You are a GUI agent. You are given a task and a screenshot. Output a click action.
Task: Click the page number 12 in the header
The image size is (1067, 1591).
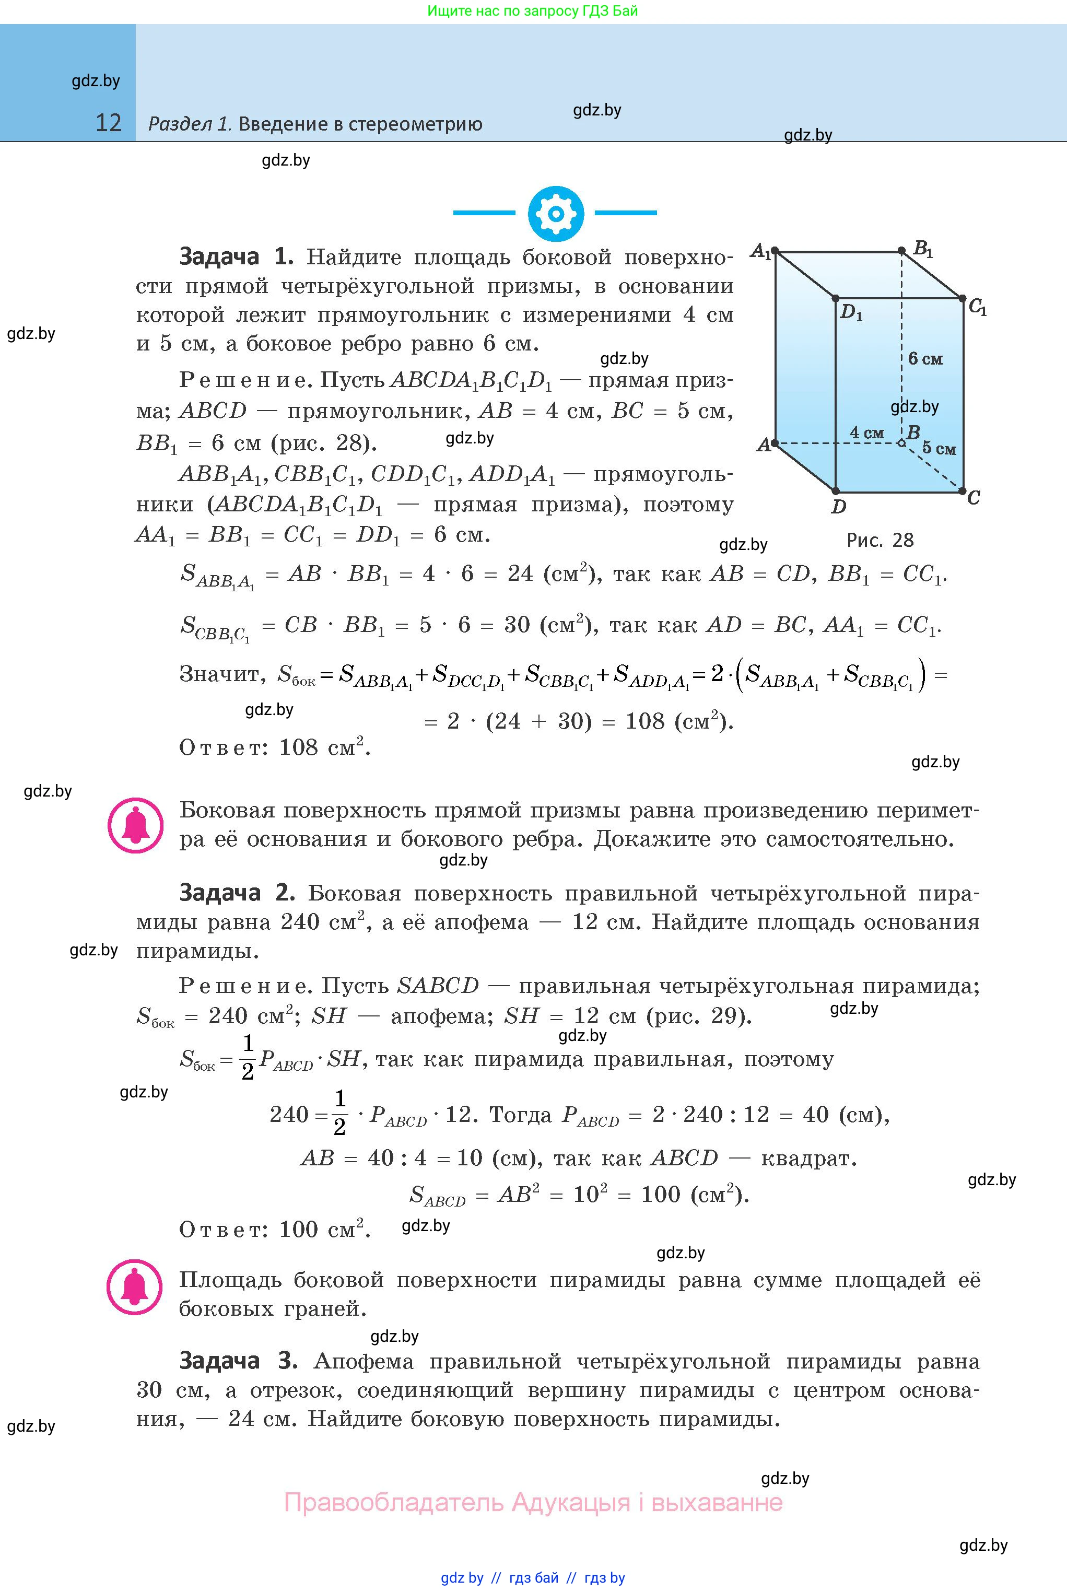[x=108, y=123]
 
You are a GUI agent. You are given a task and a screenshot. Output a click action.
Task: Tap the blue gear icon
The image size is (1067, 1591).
[x=555, y=214]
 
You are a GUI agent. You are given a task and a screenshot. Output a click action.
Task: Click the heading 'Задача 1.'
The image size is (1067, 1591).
[x=236, y=257]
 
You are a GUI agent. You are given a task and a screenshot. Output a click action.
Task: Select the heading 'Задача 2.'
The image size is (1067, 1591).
[x=236, y=892]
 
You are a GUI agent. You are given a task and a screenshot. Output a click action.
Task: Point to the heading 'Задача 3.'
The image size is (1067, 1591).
[x=238, y=1360]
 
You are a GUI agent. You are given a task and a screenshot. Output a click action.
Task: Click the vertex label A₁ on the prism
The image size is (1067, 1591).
[x=760, y=252]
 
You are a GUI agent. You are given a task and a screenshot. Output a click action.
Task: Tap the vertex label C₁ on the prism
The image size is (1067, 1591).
[x=977, y=308]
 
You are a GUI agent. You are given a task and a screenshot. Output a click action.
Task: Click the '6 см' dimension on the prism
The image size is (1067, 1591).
[x=925, y=359]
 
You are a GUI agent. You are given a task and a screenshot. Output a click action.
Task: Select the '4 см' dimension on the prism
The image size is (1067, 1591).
[x=866, y=433]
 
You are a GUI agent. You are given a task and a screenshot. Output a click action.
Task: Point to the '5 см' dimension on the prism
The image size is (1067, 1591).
[x=939, y=449]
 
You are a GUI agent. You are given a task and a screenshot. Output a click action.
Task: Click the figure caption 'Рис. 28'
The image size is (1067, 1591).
[x=880, y=540]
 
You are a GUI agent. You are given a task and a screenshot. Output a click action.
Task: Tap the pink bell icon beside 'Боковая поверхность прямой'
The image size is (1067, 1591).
[x=135, y=825]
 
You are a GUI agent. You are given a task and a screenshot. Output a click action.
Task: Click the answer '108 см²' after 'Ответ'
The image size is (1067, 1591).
[x=325, y=747]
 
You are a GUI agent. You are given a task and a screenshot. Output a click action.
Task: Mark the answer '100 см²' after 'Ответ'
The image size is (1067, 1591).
[x=325, y=1229]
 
